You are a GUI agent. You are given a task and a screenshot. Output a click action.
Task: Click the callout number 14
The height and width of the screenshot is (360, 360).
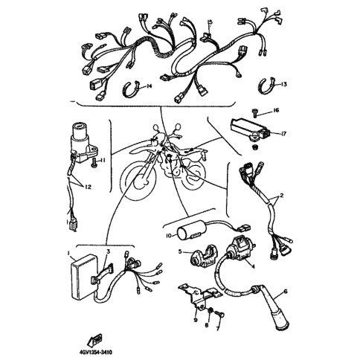tap(149, 86)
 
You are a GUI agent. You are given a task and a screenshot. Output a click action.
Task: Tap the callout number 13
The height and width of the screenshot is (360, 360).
tap(283, 84)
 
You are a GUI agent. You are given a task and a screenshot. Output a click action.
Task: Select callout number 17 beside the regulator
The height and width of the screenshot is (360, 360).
tap(283, 134)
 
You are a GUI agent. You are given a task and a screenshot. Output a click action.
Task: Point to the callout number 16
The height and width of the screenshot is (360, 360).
tap(276, 110)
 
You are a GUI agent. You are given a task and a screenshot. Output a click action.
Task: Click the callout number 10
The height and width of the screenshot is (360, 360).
tap(169, 236)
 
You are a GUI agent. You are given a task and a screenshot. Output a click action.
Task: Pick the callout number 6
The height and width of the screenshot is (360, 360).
tap(286, 291)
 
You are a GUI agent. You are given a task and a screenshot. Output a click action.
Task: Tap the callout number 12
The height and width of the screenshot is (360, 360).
tap(88, 187)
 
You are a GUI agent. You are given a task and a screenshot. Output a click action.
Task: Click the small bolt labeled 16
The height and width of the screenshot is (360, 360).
tap(254, 113)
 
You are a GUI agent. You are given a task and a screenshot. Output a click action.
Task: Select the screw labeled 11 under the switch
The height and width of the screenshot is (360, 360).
tap(94, 164)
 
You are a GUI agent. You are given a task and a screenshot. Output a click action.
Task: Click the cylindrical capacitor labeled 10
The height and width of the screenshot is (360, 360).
tap(192, 231)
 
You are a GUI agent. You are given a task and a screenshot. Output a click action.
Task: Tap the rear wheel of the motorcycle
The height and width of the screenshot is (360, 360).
tap(196, 177)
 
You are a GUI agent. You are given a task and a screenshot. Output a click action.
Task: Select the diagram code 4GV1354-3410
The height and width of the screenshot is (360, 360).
tap(95, 353)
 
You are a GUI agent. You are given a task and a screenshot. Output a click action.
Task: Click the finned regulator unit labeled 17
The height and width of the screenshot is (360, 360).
tap(251, 129)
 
